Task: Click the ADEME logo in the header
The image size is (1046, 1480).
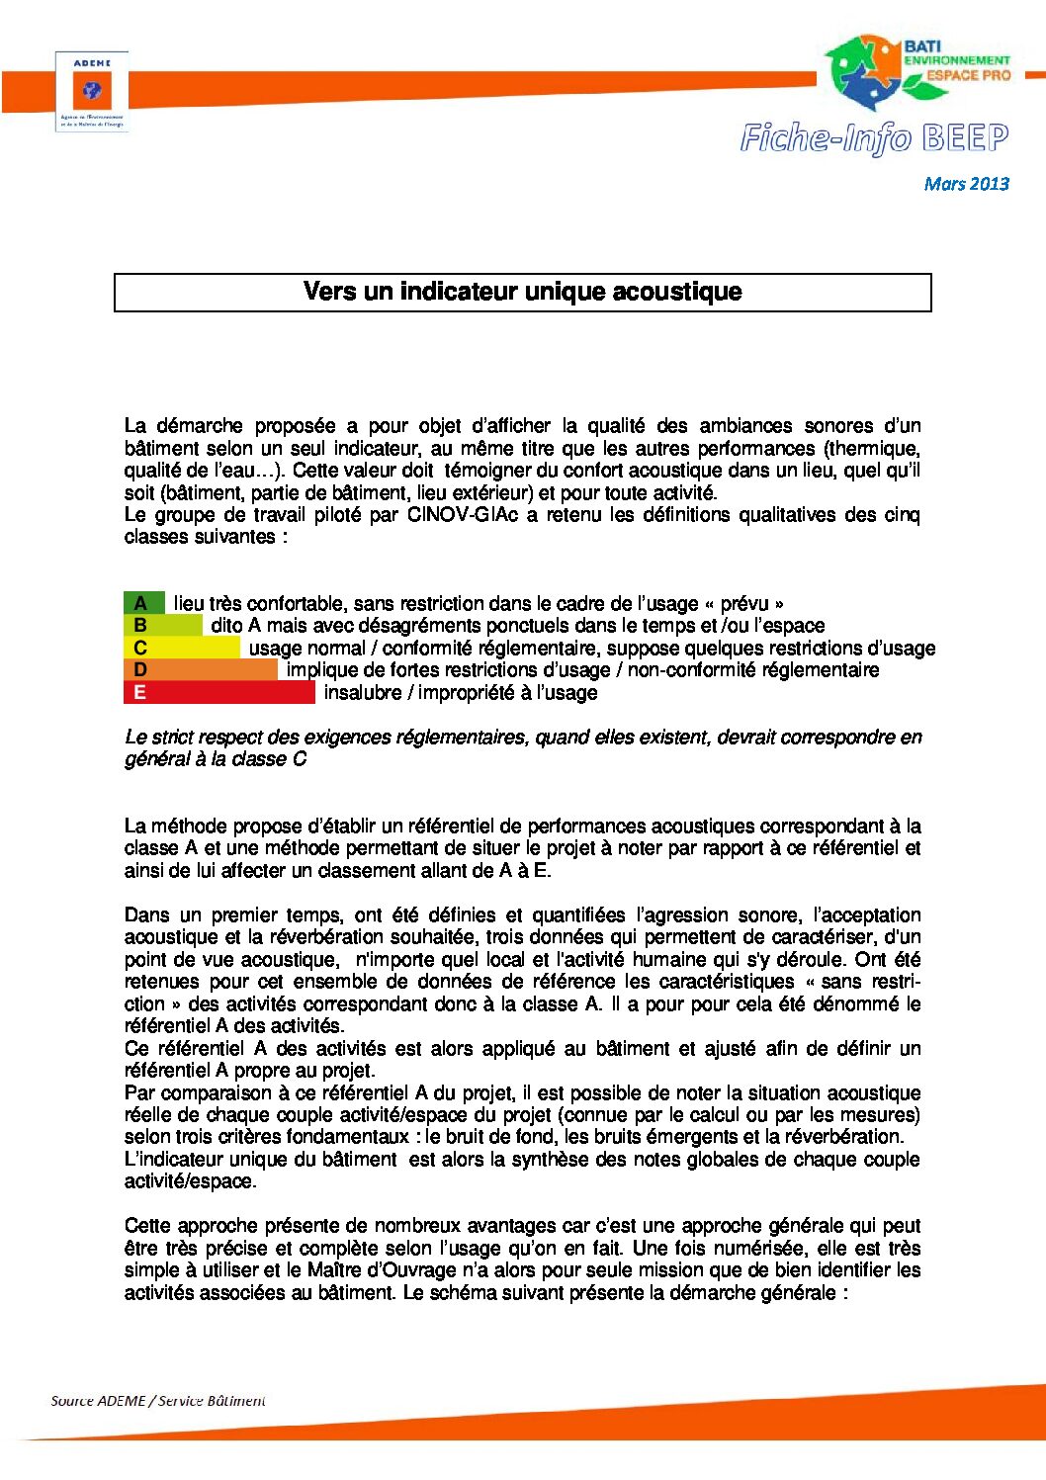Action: (92, 92)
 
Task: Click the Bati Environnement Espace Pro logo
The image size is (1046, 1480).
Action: (916, 73)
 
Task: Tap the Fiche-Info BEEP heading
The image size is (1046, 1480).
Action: (874, 138)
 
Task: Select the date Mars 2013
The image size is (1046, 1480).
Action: (966, 184)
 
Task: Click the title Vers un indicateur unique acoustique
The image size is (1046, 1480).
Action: (522, 292)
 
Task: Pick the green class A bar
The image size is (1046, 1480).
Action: (143, 603)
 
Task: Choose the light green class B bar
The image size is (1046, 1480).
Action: (162, 626)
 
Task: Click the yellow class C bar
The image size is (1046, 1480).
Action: (181, 648)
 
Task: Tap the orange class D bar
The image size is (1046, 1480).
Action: (201, 670)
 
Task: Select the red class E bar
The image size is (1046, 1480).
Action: (218, 692)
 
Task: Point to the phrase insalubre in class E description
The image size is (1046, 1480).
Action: (365, 693)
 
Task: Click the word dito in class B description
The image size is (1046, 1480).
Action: (226, 626)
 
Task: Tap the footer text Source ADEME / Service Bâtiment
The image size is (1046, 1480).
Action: (158, 1401)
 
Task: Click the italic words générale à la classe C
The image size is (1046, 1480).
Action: (216, 759)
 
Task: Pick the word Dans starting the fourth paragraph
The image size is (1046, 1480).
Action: (145, 915)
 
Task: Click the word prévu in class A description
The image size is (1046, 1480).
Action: (744, 604)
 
